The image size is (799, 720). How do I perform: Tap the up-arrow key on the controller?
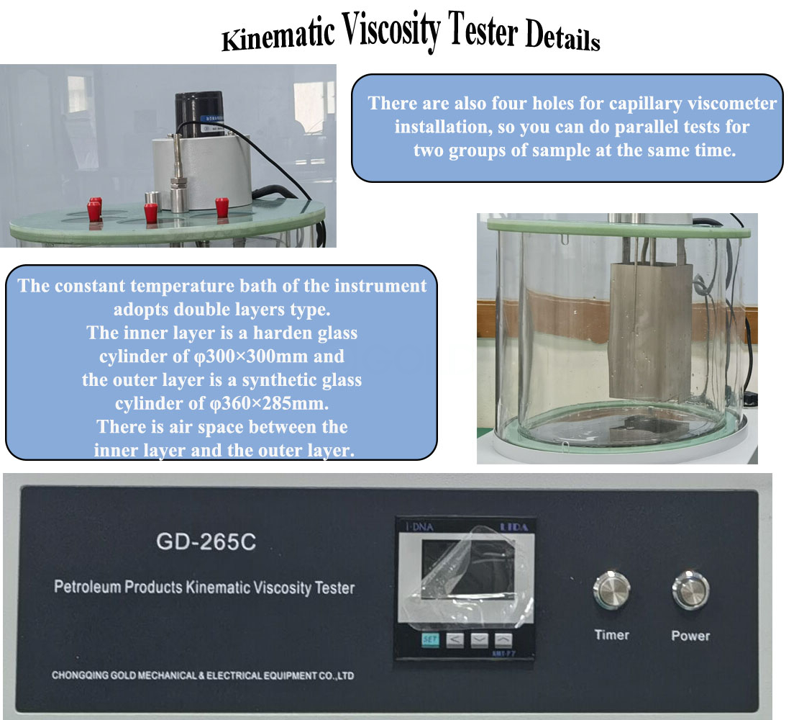503,639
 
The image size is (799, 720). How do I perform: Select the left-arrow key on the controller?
455,639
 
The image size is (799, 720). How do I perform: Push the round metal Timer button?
611,591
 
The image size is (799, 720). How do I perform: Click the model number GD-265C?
206,541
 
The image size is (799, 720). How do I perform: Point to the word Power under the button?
690,636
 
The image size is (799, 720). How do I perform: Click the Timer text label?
611,635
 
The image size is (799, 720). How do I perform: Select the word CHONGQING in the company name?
81,676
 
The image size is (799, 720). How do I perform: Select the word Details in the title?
562,37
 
